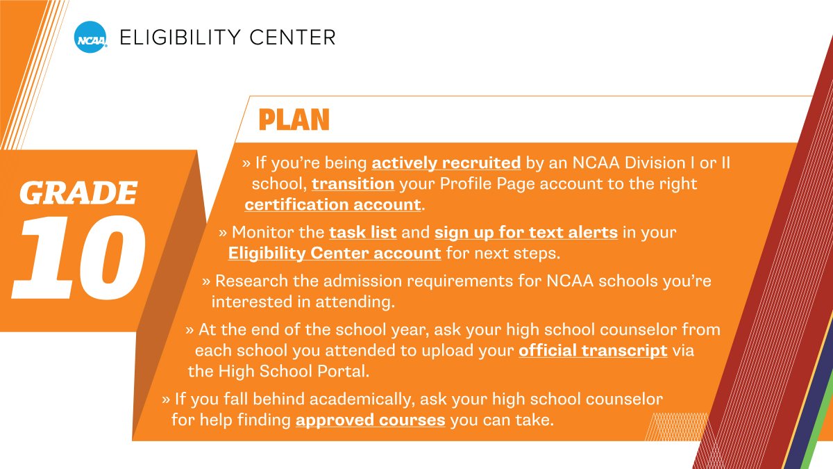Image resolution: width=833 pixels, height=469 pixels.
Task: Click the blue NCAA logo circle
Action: [x=91, y=37]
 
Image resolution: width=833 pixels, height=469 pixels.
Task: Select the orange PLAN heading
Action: [x=294, y=120]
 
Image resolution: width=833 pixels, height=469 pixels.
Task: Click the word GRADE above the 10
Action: [x=78, y=192]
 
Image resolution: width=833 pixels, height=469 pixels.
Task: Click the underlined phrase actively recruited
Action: [x=446, y=163]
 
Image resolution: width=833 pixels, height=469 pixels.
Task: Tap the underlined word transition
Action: [x=353, y=184]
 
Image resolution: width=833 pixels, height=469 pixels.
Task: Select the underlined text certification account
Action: [x=333, y=205]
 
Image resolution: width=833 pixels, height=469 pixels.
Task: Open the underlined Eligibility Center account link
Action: [x=335, y=253]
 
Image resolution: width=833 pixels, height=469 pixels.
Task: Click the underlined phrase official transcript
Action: [x=593, y=350]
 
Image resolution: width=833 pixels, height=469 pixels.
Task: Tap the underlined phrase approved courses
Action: [x=370, y=420]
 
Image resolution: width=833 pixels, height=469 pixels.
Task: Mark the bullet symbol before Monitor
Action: [x=223, y=232]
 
